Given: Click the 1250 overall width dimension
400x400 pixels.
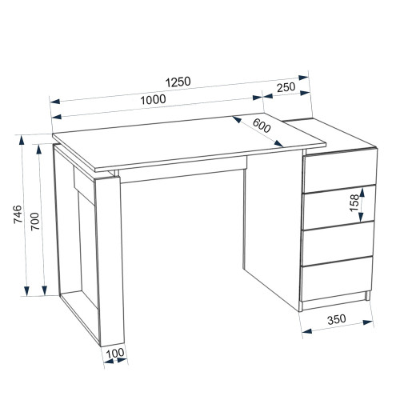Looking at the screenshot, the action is [x=178, y=82].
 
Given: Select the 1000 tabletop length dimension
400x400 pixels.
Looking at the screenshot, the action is [x=153, y=100].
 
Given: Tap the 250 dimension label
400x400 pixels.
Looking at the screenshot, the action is [x=286, y=87].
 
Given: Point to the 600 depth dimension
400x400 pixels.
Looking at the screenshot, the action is [x=262, y=126].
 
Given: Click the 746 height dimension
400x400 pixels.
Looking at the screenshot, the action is [x=18, y=214].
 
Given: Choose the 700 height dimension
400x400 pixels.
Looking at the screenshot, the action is [x=35, y=222].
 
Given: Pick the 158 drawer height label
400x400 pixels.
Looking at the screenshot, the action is [x=354, y=202].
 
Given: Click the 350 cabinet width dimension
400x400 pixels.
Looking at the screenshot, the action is [x=337, y=319].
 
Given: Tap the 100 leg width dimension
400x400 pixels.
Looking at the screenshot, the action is [x=115, y=353].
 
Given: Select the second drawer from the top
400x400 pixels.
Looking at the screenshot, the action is [x=338, y=207].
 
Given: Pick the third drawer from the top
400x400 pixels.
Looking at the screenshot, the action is [x=337, y=243].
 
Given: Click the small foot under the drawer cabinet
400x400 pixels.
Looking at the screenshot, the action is [x=367, y=296].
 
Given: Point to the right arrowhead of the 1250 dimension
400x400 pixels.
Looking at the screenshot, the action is [x=303, y=78].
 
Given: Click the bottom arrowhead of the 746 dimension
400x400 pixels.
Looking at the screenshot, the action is [x=26, y=290].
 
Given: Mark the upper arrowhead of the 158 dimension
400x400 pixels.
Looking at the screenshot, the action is [x=362, y=193].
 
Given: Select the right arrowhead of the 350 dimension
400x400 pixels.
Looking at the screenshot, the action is [x=368, y=322].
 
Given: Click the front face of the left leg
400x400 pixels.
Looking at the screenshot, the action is [x=109, y=261].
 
